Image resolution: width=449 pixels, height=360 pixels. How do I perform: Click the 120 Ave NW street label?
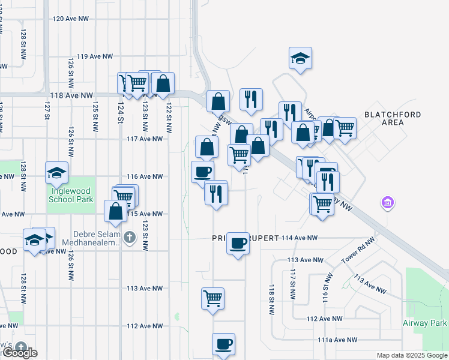coord(75,19)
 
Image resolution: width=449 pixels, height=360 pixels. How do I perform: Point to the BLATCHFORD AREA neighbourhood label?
coord(393,118)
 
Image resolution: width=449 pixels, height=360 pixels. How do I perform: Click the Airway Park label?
coord(425,323)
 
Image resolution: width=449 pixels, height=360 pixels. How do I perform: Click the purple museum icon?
coord(388,204)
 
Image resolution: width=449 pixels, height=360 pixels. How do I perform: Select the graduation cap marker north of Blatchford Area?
coord(300,58)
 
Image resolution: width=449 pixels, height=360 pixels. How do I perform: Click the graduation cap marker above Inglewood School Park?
coord(56,173)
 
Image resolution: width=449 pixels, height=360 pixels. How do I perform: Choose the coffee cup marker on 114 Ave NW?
coord(238,243)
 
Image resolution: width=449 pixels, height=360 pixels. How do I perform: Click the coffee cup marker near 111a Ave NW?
coord(223,344)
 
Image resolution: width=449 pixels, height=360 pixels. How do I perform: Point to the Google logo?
coord(19,353)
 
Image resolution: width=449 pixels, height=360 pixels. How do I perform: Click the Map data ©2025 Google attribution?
coord(411,355)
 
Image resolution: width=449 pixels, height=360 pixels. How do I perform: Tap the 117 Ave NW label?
coord(145,139)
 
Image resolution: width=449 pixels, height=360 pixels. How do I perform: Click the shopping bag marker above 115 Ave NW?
coord(115,211)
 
